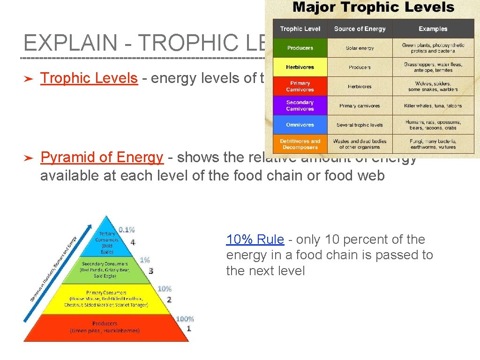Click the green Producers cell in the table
(x=300, y=48)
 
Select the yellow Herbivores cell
(x=300, y=67)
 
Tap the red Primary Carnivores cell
(x=300, y=87)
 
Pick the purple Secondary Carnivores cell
(x=300, y=106)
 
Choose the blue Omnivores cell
(x=300, y=125)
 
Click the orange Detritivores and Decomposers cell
(x=300, y=144)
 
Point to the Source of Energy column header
(x=360, y=29)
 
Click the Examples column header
(x=433, y=29)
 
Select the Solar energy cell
(x=360, y=48)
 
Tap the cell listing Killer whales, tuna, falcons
(x=433, y=106)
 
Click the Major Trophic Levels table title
(x=373, y=8)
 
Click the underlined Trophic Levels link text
(x=89, y=78)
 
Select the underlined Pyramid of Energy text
(x=102, y=158)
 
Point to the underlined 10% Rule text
(x=255, y=240)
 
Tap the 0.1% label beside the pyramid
(x=127, y=230)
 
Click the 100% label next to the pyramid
(x=185, y=319)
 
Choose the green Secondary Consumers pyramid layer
(x=106, y=270)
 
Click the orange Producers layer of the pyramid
(x=105, y=327)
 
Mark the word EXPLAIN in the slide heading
(x=70, y=43)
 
